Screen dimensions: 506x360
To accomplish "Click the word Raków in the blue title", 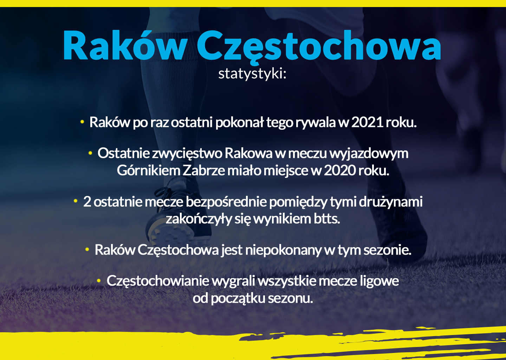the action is coord(125,45).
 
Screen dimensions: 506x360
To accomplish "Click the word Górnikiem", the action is coord(148,171).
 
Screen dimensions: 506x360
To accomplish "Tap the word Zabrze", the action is coord(203,171).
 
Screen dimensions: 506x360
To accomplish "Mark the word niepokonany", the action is coord(283,250).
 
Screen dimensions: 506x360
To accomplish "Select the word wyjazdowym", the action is coord(369,154).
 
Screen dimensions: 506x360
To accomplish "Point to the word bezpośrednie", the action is coord(226,202).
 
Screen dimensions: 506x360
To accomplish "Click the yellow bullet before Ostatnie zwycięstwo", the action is coord(90,153).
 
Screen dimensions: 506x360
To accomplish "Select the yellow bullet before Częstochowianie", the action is coord(99,281).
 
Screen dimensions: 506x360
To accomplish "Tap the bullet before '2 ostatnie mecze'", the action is coord(76,201).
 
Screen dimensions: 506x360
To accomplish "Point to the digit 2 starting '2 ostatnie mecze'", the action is coord(87,201).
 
